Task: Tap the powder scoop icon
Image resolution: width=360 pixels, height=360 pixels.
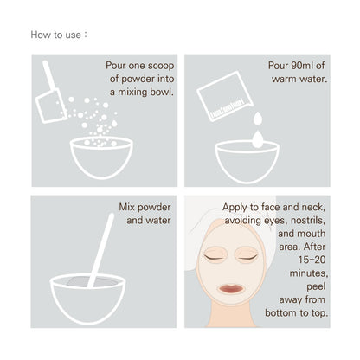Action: pos(51,95)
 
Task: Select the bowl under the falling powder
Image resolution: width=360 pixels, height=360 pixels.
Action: pos(101,157)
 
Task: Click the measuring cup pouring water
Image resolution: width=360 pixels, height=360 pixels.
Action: pos(225,96)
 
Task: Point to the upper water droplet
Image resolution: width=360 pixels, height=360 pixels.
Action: pos(258,119)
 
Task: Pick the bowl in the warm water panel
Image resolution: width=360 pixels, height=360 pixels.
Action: pos(247,162)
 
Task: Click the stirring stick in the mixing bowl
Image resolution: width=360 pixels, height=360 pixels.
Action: pos(101,250)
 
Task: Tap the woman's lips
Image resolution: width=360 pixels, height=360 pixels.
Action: pos(230,289)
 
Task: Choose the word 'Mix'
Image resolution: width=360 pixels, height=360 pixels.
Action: pos(126,207)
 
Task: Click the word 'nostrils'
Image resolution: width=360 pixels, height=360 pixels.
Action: pos(308,221)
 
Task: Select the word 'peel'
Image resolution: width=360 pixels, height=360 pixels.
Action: pos(316,286)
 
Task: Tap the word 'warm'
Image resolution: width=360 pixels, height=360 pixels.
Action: pos(283,79)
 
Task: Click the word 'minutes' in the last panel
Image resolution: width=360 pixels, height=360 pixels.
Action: pos(309,273)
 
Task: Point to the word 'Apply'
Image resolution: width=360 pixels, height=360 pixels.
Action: pos(235,208)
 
